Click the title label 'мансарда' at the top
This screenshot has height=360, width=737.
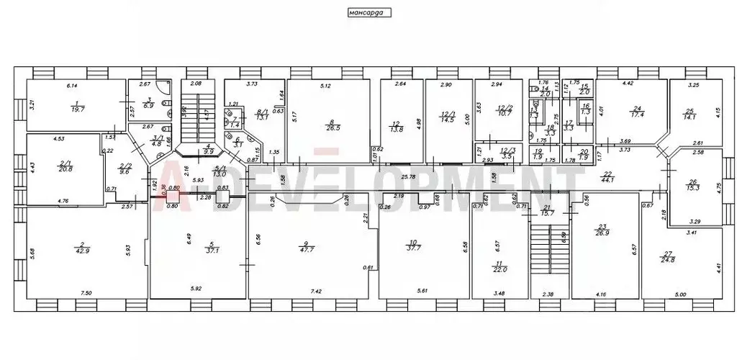368,12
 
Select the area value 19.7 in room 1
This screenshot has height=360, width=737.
76,111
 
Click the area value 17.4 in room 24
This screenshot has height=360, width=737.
634,114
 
